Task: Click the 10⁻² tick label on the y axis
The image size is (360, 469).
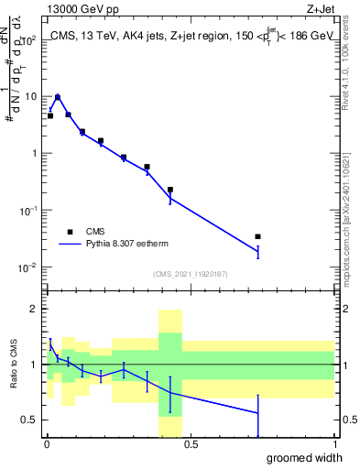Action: [x=27, y=267]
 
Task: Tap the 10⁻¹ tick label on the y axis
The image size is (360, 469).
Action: [x=27, y=211]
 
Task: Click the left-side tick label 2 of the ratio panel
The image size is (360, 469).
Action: [x=33, y=309]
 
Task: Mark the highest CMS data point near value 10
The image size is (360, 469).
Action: [x=58, y=97]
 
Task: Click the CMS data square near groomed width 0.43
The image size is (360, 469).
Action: [x=170, y=190]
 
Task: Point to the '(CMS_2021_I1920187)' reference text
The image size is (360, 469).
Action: [x=190, y=274]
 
